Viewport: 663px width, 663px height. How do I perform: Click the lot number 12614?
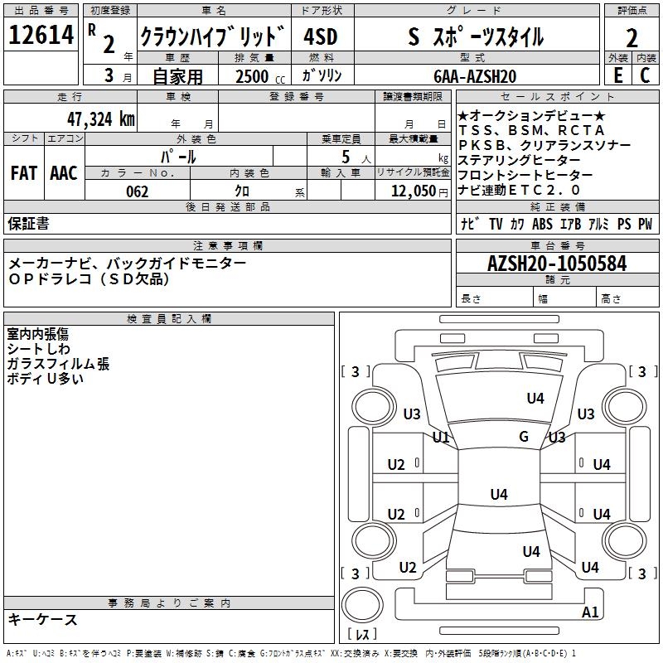point(41,36)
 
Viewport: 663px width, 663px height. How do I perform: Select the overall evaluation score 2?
point(632,38)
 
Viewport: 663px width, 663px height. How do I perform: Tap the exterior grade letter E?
point(617,75)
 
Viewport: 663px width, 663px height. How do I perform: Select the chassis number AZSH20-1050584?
point(557,264)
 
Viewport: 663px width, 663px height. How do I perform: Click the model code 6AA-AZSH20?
point(476,76)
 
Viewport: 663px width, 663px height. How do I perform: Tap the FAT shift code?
point(23,173)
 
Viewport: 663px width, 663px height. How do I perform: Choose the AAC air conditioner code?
point(63,173)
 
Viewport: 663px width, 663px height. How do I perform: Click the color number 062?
point(137,191)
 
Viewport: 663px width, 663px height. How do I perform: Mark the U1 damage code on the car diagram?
point(440,437)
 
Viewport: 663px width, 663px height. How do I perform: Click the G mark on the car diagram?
point(523,437)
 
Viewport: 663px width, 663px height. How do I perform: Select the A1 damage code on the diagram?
point(590,612)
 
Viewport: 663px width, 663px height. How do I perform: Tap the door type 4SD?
point(320,37)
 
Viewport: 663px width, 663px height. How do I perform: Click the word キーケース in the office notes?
point(42,619)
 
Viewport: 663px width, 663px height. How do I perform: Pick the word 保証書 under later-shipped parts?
point(28,223)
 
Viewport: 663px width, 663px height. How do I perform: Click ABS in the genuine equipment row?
point(542,224)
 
